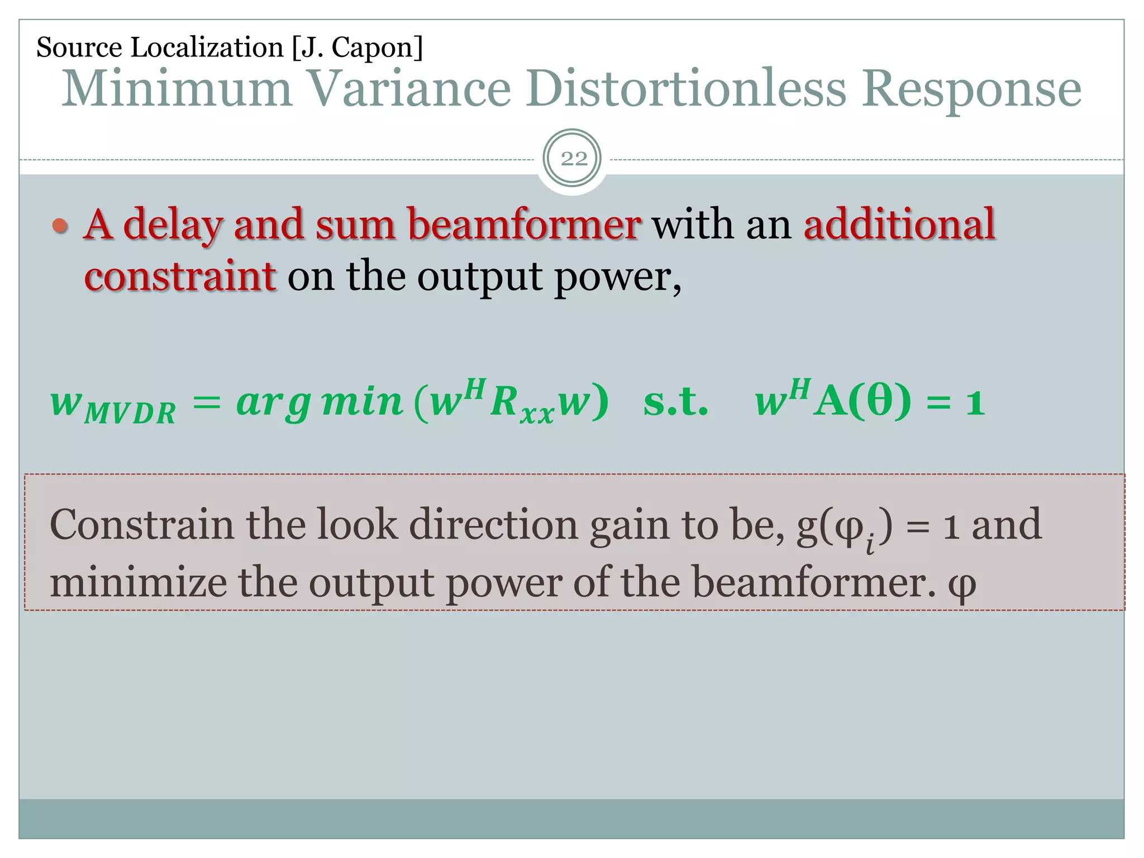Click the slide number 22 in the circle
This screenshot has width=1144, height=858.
tap(573, 159)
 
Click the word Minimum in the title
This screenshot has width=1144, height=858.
tap(178, 89)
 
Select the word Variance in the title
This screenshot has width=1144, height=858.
tap(410, 89)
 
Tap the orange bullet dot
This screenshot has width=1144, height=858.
tap(60, 226)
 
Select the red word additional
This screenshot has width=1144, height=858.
tap(899, 225)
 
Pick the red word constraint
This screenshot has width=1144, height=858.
tap(180, 277)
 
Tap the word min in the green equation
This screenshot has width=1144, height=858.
tap(363, 402)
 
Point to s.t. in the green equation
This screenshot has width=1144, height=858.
tap(676, 402)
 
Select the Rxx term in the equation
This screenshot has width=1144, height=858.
tap(521, 404)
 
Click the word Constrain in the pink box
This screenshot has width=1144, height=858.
tap(142, 525)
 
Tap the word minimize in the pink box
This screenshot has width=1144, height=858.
tap(139, 583)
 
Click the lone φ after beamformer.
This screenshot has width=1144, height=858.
tap(962, 584)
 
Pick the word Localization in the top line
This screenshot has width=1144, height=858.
tap(207, 47)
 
